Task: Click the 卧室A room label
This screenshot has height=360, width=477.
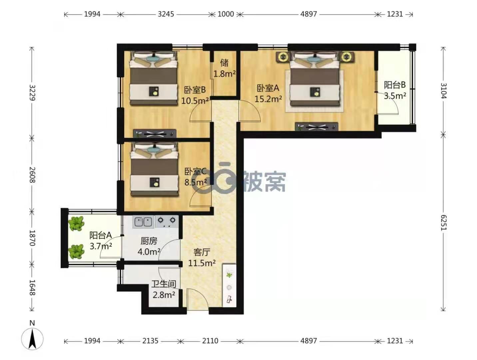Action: [268, 88]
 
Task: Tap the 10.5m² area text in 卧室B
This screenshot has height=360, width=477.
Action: [195, 101]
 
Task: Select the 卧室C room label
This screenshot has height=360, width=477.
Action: [196, 172]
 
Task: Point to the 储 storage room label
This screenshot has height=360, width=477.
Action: [224, 63]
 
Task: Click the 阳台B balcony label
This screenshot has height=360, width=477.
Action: [395, 85]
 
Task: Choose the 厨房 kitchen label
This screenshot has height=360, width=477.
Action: [149, 241]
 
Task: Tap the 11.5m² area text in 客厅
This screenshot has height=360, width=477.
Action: [202, 263]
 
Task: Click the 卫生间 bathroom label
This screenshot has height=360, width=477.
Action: [164, 284]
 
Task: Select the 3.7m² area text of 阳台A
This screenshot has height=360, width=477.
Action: [101, 246]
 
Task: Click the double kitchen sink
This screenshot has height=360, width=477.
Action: [143, 222]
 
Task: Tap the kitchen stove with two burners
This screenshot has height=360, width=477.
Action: [167, 222]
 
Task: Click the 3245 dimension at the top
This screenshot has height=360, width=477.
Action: [166, 14]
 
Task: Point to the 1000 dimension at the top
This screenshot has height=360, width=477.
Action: [226, 14]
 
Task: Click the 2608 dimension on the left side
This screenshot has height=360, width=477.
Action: [32, 175]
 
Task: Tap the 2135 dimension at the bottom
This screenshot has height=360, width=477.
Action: [150, 341]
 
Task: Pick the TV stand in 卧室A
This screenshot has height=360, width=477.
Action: [316, 127]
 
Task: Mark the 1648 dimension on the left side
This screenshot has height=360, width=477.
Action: [32, 288]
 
